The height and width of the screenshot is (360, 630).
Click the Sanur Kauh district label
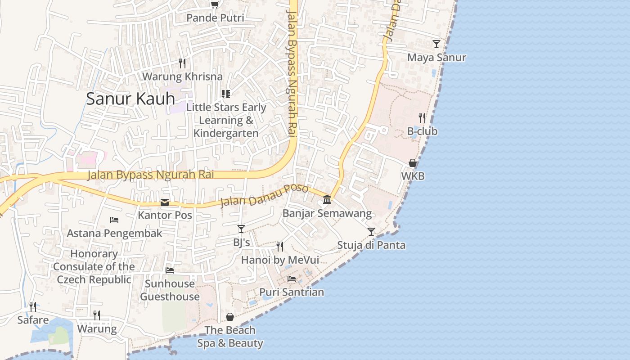pos(130,99)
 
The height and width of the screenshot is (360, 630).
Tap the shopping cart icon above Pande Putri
pos(215,4)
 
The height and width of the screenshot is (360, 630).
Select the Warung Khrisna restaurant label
pos(182,76)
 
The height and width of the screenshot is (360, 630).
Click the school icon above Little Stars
pos(226,94)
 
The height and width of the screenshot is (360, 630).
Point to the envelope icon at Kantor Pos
pos(165,202)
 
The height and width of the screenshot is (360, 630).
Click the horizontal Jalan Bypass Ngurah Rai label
pos(151,175)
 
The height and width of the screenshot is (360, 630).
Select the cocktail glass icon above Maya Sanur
pos(436,44)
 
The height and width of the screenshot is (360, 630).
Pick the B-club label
pos(422,131)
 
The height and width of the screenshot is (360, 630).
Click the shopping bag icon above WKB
pos(413,163)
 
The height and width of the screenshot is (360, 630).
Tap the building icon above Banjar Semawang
pos(327,200)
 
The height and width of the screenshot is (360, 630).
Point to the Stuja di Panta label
pos(371,245)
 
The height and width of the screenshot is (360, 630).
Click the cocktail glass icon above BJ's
pos(241,229)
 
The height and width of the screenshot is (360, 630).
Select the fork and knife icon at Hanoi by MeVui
pos(280,247)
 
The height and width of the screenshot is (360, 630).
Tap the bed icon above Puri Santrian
pos(292,279)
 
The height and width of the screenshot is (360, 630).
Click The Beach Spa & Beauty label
pos(230,337)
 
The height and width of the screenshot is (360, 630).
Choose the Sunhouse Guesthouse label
pos(170,290)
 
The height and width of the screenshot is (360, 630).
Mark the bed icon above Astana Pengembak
pos(114,220)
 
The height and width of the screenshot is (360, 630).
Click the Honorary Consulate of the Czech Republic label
pos(94,267)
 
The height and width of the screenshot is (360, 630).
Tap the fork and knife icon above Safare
pos(33,307)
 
